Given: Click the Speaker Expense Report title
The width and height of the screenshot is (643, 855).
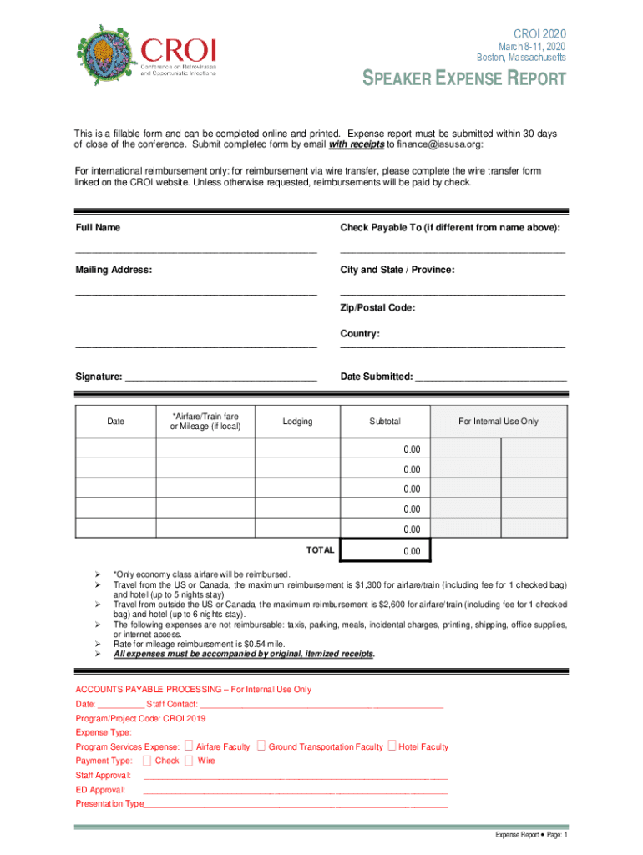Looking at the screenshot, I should coord(463,80).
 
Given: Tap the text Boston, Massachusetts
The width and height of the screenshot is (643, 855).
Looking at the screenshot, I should coord(520,58).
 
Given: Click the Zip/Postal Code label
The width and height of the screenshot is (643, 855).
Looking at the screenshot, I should coord(377,308).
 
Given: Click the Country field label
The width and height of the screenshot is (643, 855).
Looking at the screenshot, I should coord(360,334).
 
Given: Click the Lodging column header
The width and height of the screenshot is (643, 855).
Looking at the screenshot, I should coord(297,422).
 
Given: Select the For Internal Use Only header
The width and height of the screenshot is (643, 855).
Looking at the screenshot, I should coord(499,422).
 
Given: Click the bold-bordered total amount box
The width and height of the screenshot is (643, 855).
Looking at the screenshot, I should coord(386,551).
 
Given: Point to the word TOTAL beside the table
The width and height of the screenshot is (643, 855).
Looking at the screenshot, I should coord(320,550).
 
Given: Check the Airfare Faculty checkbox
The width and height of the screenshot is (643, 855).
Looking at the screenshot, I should coord(189,746).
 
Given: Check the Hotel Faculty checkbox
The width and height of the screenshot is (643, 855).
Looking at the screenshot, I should coord(392,746).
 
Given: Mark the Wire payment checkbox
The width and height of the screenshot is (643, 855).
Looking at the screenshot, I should coord(189,761).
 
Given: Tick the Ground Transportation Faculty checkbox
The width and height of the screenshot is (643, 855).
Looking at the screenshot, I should coord(261,746).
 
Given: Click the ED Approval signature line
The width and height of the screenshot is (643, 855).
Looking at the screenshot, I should coord(296,790).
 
